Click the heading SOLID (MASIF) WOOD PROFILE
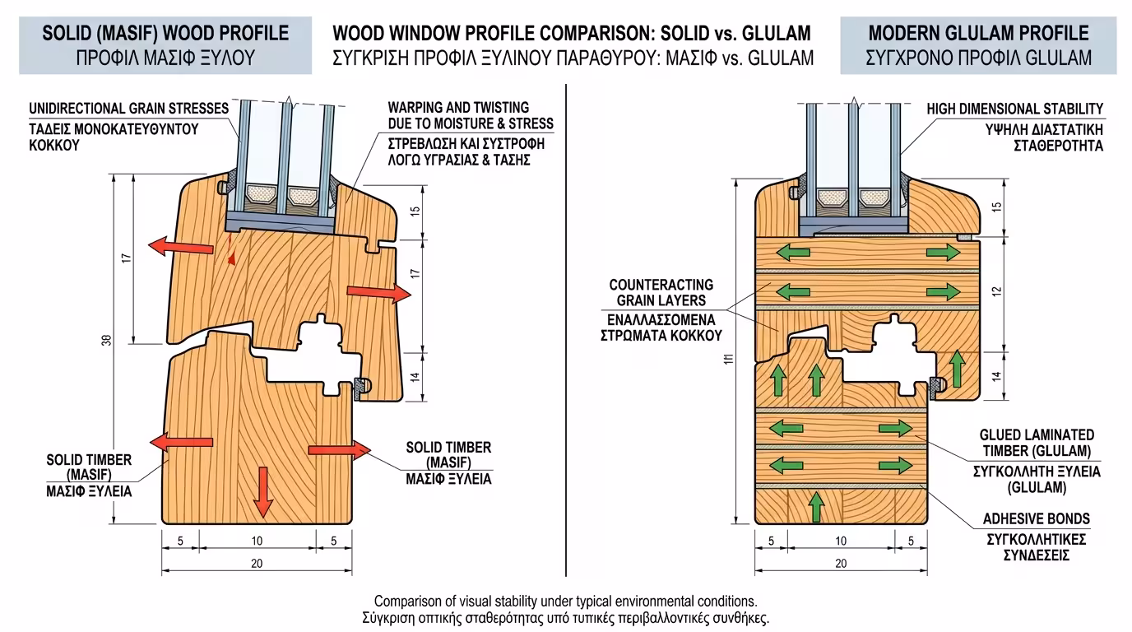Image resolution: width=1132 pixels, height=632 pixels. click(165, 33)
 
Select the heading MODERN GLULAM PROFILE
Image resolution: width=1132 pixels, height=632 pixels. click(978, 33)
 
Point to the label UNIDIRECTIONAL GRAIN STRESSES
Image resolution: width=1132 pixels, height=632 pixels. click(128, 109)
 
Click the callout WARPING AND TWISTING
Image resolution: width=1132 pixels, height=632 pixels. click(458, 108)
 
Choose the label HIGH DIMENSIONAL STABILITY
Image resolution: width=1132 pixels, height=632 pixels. click(1015, 109)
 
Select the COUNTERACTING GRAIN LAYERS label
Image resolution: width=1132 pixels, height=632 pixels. click(661, 293)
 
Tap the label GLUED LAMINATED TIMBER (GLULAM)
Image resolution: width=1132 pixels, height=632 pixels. click(1036, 443)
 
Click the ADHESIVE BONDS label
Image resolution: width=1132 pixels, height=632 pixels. click(1036, 519)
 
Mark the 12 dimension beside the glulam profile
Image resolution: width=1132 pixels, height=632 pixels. click(997, 292)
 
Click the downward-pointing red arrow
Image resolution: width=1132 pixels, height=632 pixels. click(262, 490)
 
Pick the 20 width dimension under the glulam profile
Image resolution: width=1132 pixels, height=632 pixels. click(840, 564)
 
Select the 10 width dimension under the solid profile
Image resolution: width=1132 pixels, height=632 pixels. click(257, 541)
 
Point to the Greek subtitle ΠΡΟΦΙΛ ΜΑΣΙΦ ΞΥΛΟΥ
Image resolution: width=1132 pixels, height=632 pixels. click(165, 58)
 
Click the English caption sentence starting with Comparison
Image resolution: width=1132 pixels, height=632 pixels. click(565, 601)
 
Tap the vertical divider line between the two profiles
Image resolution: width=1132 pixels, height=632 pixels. click(566, 329)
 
